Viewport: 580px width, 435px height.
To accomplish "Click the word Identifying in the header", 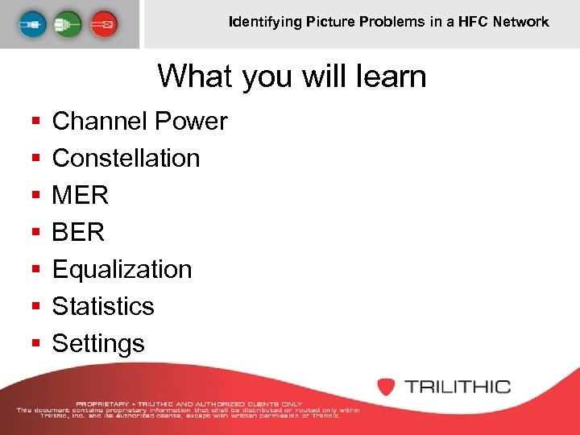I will coord(265,22).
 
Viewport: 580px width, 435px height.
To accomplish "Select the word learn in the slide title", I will coord(389,77).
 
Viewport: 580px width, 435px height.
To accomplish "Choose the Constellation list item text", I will coord(126,159).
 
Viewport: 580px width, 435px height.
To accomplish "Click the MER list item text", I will coord(80,196).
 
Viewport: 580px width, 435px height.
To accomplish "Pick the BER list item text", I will coord(78,233).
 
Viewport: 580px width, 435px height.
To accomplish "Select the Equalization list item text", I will coord(122,270).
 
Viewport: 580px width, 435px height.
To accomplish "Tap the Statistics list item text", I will coord(102,307).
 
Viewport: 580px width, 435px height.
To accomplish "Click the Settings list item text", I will coord(98,344).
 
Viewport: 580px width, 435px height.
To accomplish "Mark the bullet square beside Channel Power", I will coord(35,122).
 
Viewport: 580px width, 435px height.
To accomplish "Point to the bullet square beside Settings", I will coord(35,345).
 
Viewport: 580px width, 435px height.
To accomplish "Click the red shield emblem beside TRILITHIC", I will coord(387,386).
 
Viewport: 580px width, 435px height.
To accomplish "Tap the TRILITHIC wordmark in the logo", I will coord(458,386).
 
